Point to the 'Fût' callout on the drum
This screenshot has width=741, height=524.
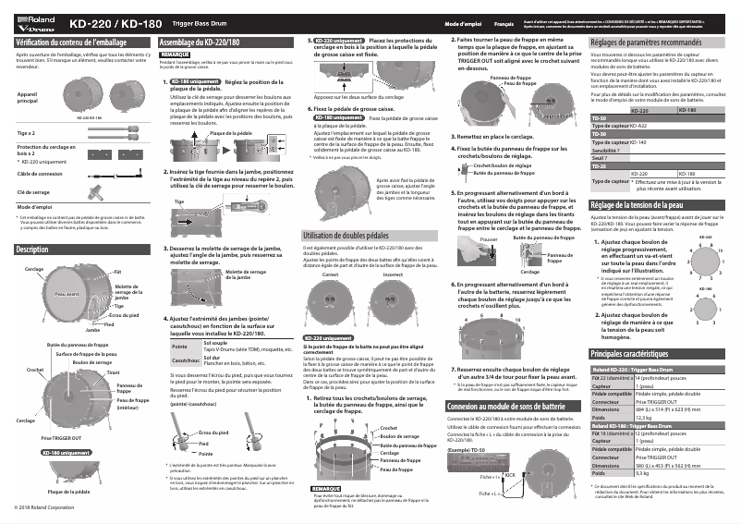pyautogui.click(x=117, y=271)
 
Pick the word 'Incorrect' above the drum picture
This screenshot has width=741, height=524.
pyautogui.click(x=393, y=275)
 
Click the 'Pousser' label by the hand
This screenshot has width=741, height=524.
pyautogui.click(x=489, y=239)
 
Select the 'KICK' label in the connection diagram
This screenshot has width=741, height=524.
pyautogui.click(x=509, y=475)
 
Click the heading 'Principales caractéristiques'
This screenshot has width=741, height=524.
pyautogui.click(x=638, y=355)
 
